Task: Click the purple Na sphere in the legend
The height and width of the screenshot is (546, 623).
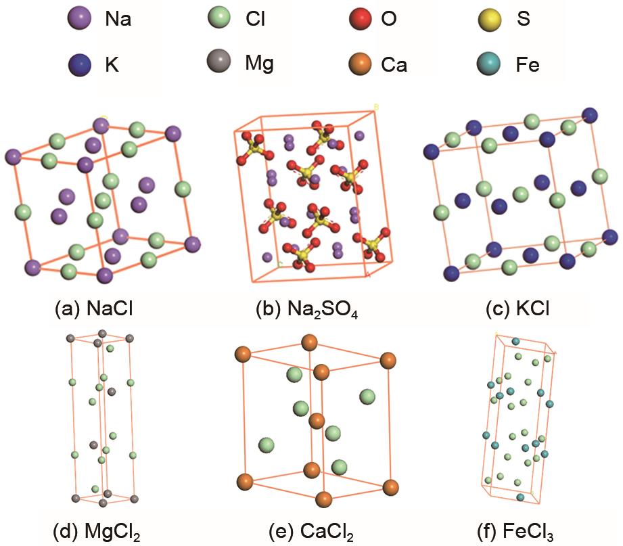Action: (79, 18)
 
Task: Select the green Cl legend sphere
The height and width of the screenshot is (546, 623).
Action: (219, 18)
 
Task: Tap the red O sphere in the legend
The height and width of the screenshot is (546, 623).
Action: (361, 18)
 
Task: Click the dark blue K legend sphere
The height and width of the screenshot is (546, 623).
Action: (79, 65)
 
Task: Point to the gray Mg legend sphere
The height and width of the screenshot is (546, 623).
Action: (219, 61)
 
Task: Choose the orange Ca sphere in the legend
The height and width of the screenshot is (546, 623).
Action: (360, 64)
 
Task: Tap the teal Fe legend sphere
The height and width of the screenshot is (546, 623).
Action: (488, 64)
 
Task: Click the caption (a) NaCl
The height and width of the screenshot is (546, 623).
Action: (94, 309)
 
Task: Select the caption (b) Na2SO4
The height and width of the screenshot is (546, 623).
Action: (306, 310)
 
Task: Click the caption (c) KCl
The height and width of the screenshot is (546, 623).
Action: (517, 309)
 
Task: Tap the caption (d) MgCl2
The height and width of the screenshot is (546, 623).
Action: (97, 531)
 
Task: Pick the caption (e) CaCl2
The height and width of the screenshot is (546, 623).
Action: (311, 531)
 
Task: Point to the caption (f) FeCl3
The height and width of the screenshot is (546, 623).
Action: (515, 531)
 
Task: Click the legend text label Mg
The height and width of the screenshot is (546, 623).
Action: (260, 64)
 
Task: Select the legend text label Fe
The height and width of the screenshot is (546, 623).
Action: (528, 65)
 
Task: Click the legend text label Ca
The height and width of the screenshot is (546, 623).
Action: (394, 65)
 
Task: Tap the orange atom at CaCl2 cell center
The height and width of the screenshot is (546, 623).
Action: (317, 421)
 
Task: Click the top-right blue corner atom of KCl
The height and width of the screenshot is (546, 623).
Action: (589, 115)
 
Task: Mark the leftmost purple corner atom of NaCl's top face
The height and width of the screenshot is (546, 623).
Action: (13, 157)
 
